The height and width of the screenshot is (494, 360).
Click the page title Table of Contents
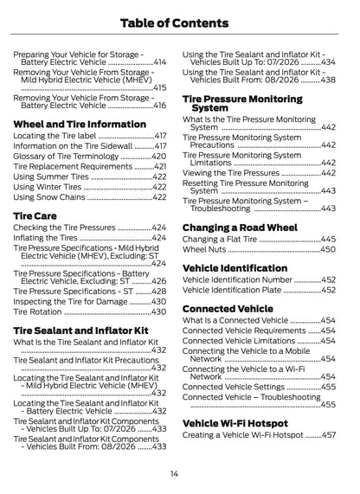click(x=179, y=22)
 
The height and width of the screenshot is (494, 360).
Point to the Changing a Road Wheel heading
click(x=240, y=228)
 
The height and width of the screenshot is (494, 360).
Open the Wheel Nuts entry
click(x=206, y=249)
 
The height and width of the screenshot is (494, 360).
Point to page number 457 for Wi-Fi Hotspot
click(x=329, y=435)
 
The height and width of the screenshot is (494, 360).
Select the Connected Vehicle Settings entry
click(x=234, y=387)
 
